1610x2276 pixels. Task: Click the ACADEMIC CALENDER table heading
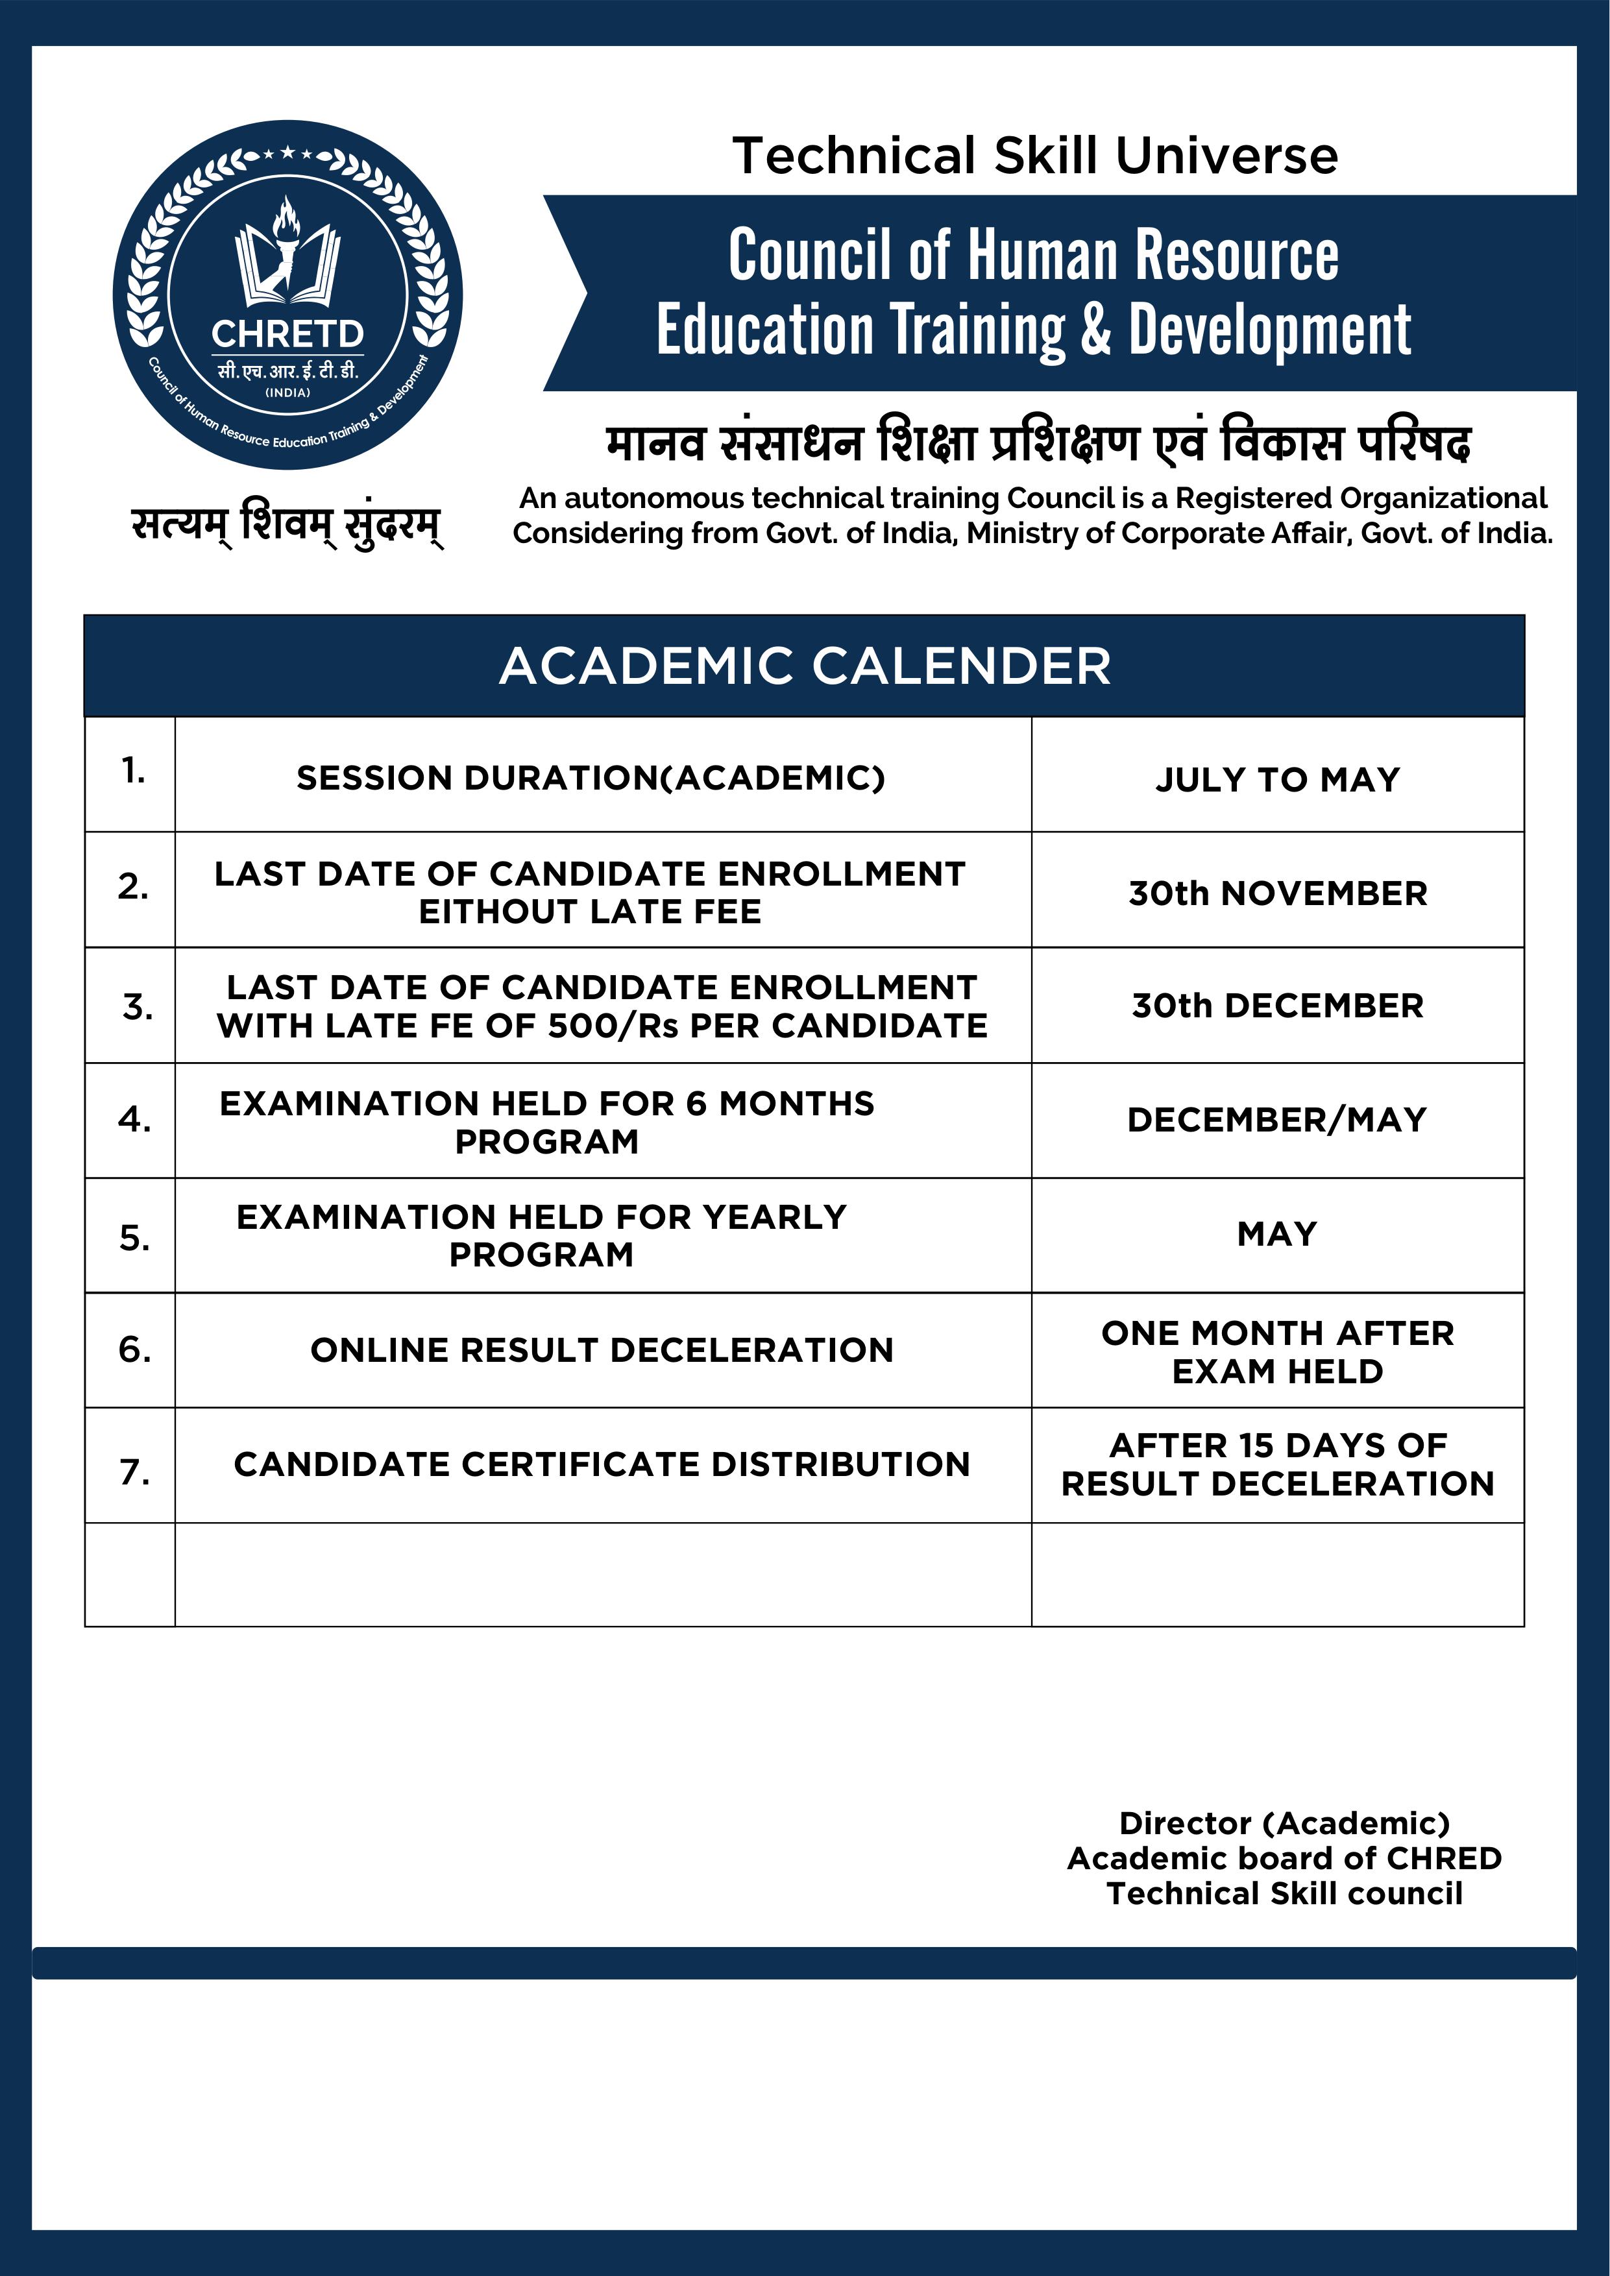[804, 666]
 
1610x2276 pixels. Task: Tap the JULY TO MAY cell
[1277, 780]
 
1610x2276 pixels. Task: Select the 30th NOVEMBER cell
[1277, 893]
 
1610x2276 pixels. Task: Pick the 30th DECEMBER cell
[1277, 1006]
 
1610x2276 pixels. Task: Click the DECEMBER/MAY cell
[1277, 1120]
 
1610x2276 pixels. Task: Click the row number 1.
[133, 770]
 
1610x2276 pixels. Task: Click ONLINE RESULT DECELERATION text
[602, 1350]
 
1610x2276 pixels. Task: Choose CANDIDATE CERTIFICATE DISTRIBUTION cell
[602, 1464]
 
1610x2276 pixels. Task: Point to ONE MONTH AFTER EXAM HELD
[1277, 1352]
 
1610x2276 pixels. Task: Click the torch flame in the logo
[287, 218]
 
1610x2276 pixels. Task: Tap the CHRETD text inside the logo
[287, 334]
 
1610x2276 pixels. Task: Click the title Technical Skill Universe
[1035, 156]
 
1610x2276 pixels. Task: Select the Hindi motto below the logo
[287, 524]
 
